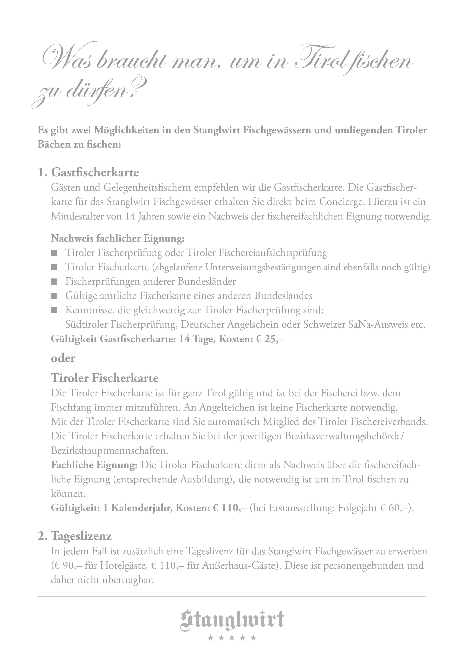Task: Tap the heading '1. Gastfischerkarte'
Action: click(88, 172)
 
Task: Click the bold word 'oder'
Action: click(63, 358)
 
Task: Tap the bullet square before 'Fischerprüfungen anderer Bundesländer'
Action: click(54, 282)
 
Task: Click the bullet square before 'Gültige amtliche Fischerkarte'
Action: click(54, 296)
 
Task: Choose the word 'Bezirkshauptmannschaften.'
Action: click(110, 450)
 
